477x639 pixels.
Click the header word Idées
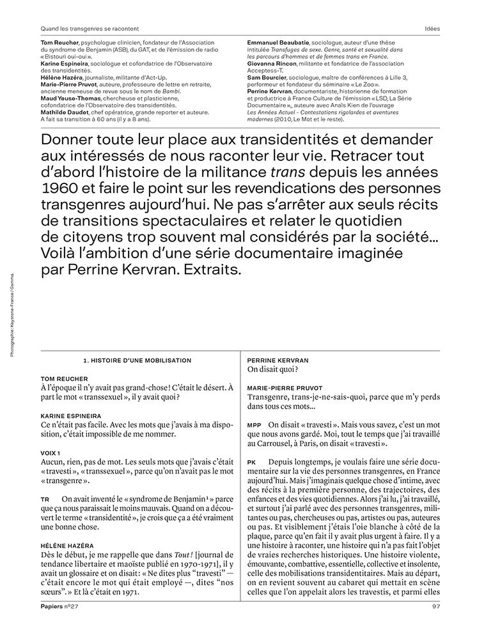tap(432, 29)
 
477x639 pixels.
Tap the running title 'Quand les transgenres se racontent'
tap(90, 29)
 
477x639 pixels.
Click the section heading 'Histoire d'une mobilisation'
tap(137, 360)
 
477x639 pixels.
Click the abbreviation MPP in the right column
tap(254, 424)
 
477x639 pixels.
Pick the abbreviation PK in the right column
tap(251, 461)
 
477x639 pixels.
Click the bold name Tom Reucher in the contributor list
tap(59, 42)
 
